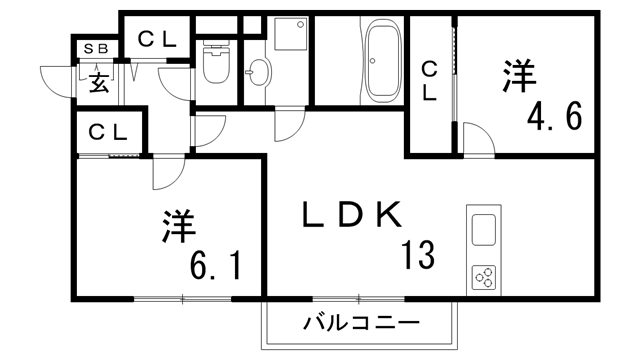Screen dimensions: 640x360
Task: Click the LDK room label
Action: tap(351, 215)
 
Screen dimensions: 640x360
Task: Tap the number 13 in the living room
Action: tap(418, 256)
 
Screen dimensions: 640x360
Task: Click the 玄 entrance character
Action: tap(99, 82)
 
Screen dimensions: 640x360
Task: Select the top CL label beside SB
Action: tap(157, 40)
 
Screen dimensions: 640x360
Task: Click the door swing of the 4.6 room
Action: tap(478, 140)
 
